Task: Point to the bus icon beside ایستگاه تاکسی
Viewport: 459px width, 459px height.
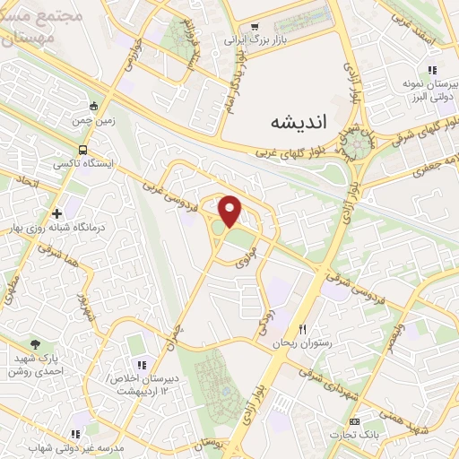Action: [x=82, y=151]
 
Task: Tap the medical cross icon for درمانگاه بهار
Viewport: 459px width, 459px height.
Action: [x=57, y=214]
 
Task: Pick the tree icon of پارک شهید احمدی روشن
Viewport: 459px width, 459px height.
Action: [x=35, y=343]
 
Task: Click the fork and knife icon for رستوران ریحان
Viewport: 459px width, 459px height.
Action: [x=303, y=329]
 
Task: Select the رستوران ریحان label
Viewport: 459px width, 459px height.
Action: [x=307, y=343]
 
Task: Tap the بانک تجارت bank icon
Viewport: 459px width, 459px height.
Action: [x=355, y=421]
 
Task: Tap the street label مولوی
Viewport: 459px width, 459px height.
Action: [x=247, y=256]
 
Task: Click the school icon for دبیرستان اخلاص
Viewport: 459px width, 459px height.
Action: [x=142, y=364]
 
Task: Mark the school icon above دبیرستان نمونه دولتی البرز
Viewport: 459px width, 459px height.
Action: [x=431, y=70]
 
